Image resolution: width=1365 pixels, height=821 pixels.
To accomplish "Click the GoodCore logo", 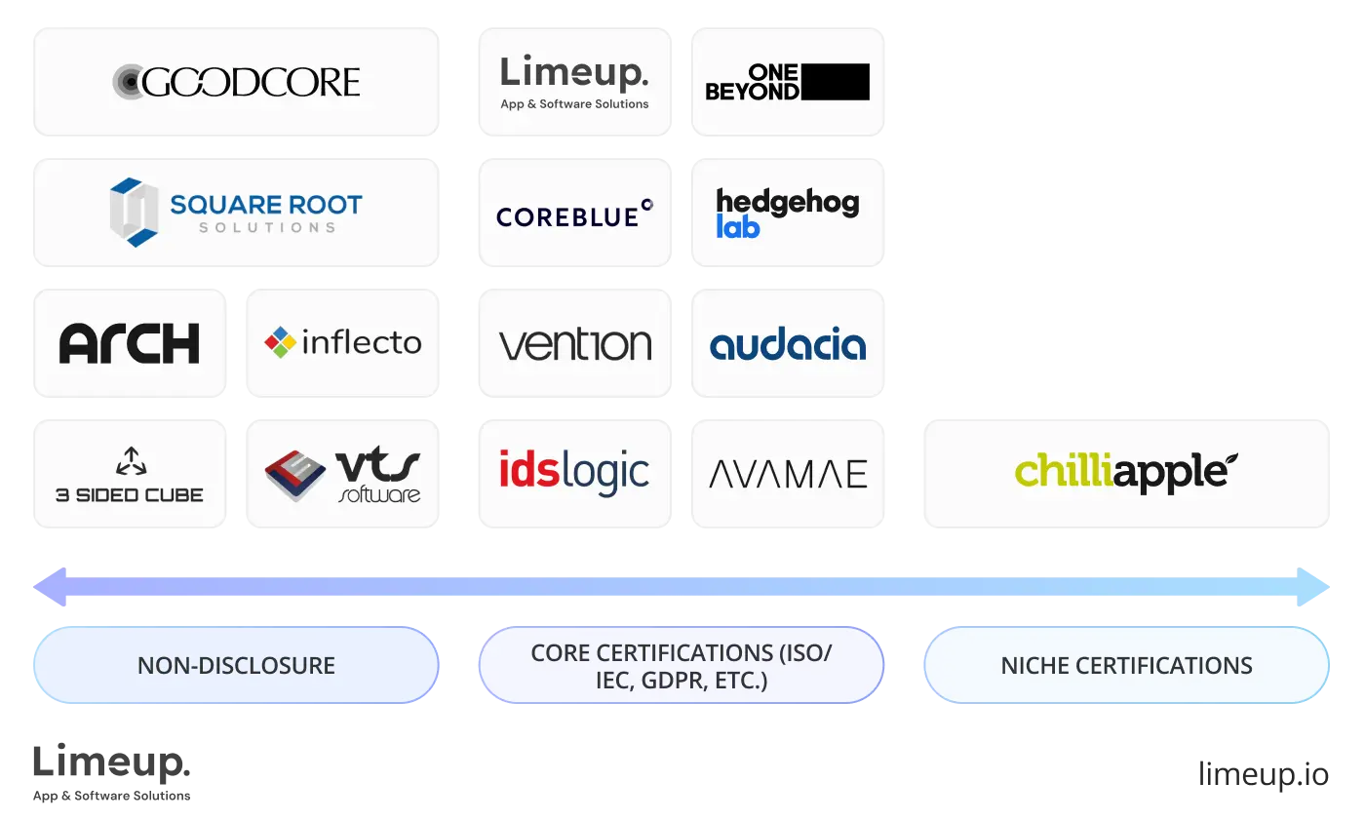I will point(237,82).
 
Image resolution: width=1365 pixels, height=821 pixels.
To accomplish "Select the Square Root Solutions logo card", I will point(237,212).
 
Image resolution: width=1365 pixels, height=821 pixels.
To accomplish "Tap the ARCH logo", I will point(130,343).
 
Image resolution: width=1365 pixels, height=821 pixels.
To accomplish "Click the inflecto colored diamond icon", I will point(280,342).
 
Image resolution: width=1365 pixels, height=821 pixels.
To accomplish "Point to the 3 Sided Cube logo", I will point(130,475).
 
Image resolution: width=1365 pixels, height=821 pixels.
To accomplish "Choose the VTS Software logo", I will point(343,475).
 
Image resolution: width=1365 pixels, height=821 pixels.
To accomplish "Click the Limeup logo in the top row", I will point(574,82).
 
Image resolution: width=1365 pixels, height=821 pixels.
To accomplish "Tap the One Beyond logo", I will point(787,82).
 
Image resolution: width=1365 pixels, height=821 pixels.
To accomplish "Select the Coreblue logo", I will point(574,214).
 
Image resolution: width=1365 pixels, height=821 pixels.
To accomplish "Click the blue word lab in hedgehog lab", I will point(738,226).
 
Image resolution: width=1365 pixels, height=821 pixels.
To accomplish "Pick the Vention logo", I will point(574,344).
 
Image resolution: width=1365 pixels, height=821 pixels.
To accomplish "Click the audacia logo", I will point(787,344).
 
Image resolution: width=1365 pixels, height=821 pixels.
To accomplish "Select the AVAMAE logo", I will point(787,475).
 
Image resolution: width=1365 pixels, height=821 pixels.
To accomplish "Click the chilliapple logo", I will point(1126,472).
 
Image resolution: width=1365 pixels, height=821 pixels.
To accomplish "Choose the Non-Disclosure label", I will point(236,666).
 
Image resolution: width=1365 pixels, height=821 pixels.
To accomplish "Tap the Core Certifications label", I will point(682,666).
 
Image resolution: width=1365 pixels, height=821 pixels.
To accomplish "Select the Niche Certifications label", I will point(1126,666).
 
